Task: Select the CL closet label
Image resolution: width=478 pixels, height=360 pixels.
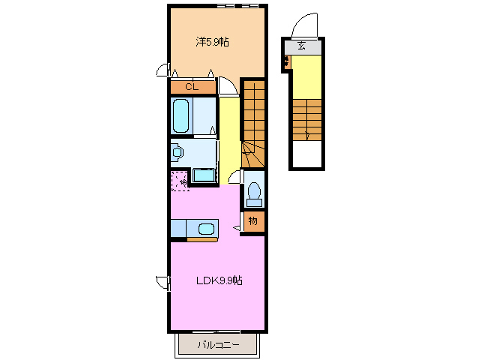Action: pos(192,87)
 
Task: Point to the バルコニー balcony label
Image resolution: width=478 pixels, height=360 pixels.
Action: pos(218,345)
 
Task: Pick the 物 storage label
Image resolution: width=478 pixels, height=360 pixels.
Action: pos(253,220)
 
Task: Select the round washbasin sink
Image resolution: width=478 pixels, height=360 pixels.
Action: pos(178,153)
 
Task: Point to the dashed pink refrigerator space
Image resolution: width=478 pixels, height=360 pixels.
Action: pos(180,181)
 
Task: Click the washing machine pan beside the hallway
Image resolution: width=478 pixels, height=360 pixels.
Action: pos(203,176)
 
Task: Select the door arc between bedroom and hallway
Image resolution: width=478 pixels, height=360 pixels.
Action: pos(229,86)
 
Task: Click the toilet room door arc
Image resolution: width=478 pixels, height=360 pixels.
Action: pos(235,177)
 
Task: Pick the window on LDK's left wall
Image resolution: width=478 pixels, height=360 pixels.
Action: pos(163,283)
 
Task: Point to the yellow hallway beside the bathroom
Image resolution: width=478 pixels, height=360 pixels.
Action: pos(228,131)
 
